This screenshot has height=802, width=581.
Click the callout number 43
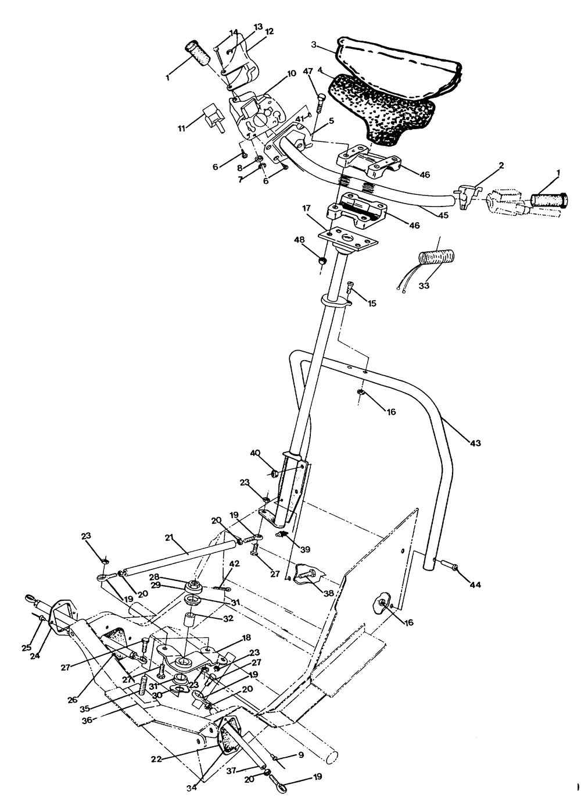475,444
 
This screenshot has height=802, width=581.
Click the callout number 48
299,240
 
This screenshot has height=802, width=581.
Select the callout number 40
255,453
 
